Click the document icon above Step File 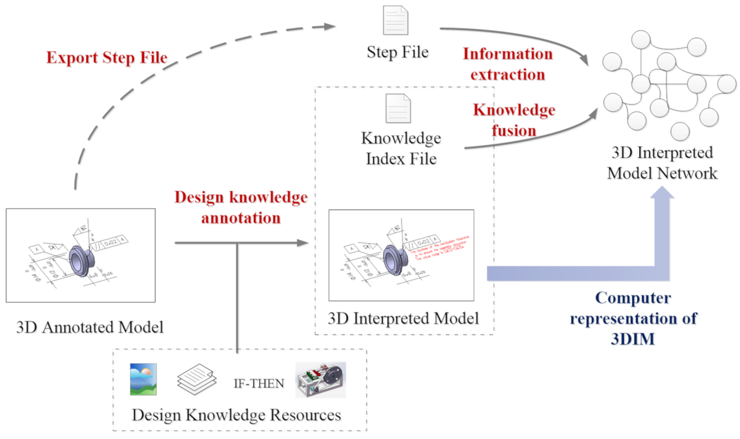tap(395, 20)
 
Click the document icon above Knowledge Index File tap(398, 108)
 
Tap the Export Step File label tap(107, 57)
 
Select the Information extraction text tap(507, 64)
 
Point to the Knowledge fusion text tap(514, 120)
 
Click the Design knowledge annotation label tap(241, 207)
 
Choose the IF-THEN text tap(259, 384)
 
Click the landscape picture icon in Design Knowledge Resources tap(143, 379)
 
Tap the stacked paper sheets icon tap(197, 379)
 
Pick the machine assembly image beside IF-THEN tap(321, 380)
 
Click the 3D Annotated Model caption tap(90, 328)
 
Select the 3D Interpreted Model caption tap(403, 319)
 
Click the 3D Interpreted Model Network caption tap(662, 163)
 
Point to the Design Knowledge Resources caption tap(236, 415)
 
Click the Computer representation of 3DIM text tap(633, 318)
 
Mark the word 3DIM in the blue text tap(632, 339)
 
